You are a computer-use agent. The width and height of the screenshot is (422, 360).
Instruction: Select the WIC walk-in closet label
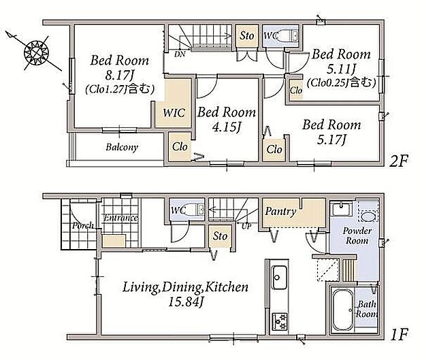click(x=174, y=113)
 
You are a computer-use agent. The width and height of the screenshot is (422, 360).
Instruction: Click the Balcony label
click(x=122, y=147)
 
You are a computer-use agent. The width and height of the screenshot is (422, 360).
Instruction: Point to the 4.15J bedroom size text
click(x=227, y=127)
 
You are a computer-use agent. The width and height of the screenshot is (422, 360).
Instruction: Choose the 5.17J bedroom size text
click(x=331, y=140)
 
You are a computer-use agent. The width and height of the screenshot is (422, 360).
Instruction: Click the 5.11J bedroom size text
click(x=341, y=69)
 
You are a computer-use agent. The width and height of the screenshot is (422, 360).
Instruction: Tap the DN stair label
click(x=180, y=54)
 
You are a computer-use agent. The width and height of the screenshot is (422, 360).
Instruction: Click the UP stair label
click(x=246, y=227)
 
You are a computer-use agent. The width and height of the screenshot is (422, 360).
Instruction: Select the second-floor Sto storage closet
click(x=247, y=36)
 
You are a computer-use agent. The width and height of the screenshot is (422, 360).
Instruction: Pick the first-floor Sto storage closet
click(x=220, y=236)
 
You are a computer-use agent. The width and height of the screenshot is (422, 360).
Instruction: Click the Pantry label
click(x=280, y=212)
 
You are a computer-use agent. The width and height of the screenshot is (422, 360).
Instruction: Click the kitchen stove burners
click(x=280, y=322)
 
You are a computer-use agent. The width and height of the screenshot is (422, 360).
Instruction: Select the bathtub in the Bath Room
click(x=343, y=310)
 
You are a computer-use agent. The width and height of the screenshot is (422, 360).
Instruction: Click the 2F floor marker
click(x=399, y=161)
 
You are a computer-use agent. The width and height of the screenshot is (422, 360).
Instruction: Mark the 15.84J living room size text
click(x=185, y=302)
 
